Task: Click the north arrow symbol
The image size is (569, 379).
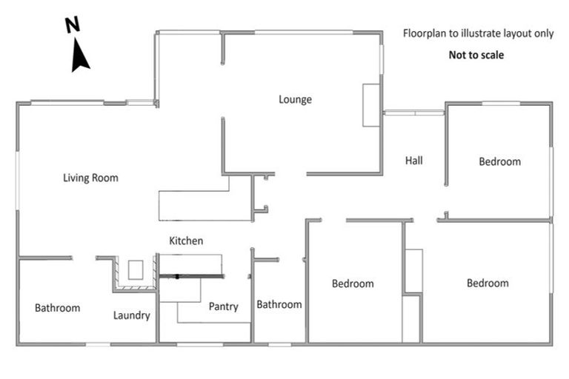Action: [x=80, y=56]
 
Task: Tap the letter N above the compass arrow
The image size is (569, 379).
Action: [x=73, y=26]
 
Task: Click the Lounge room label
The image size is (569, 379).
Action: [x=295, y=99]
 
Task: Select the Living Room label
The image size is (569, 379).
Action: [x=90, y=178]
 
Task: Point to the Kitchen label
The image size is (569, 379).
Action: [x=186, y=241]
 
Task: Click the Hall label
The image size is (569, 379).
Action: [x=414, y=160]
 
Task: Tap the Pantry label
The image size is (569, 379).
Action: [x=223, y=306]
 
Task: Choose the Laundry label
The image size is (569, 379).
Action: [x=132, y=315]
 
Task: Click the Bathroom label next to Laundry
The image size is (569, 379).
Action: [x=57, y=308]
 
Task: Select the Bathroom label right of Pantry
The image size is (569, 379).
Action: [x=279, y=304]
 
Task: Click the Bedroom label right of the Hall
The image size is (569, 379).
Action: [x=499, y=161]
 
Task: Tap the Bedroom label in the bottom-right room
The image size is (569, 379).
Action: [x=488, y=283]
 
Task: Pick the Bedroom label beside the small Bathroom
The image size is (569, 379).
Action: [x=353, y=283]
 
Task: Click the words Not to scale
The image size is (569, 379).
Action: [x=476, y=55]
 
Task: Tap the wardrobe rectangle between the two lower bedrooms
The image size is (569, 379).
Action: [x=413, y=271]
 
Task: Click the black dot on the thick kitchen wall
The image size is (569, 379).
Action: [x=178, y=276]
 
